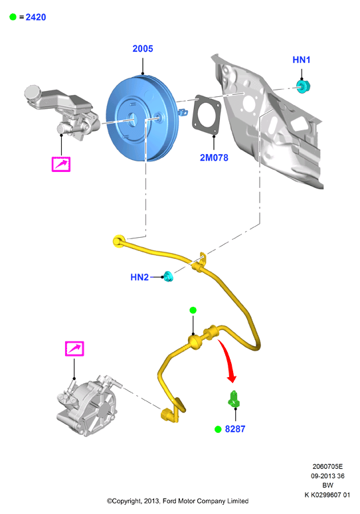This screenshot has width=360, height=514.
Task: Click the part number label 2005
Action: (143, 48)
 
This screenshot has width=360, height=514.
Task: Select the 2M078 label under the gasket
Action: (214, 157)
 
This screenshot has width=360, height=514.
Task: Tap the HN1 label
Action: (302, 60)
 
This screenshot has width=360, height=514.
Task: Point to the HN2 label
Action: (139, 278)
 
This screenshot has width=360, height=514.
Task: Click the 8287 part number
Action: (235, 429)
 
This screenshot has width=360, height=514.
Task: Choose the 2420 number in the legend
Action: (36, 17)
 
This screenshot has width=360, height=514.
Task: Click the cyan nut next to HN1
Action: (303, 86)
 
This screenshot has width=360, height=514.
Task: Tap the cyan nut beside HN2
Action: (168, 277)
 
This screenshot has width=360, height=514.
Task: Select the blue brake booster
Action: (143, 118)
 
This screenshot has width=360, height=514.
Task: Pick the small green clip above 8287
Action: (233, 399)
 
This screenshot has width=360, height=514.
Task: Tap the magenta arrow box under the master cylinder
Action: (61, 164)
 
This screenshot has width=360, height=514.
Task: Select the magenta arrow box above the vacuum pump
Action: (74, 349)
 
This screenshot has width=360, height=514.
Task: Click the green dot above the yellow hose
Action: (193, 310)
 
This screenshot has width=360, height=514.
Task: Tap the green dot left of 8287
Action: (218, 429)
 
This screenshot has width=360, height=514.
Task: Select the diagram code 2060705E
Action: (327, 466)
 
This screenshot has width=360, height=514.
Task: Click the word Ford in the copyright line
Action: (169, 501)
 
